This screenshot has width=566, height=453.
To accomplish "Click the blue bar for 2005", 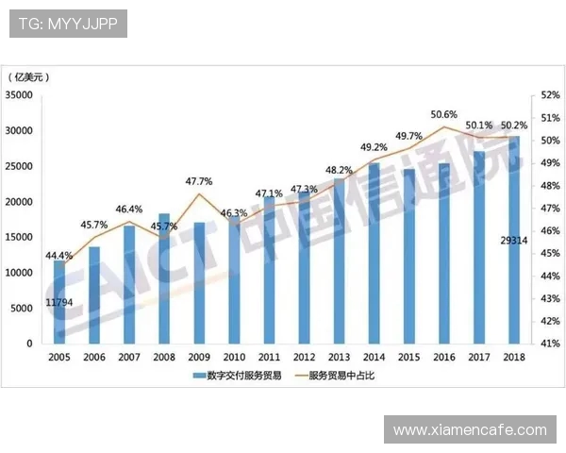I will [x=59, y=302].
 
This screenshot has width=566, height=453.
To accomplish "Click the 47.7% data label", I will [x=198, y=181].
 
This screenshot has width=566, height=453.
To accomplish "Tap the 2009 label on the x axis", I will [x=199, y=358].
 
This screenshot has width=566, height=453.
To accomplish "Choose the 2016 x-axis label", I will [x=442, y=358].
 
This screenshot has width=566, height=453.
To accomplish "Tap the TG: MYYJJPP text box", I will [x=68, y=24].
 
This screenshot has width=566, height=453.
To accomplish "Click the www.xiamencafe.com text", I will [x=470, y=429].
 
